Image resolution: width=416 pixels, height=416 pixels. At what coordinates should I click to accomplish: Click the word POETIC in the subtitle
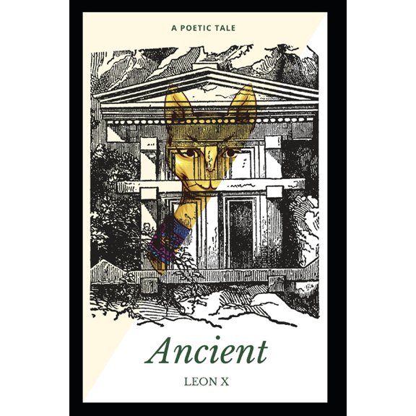click(x=201, y=28)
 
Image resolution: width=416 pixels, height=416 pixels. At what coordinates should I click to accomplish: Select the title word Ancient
click(x=207, y=351)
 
